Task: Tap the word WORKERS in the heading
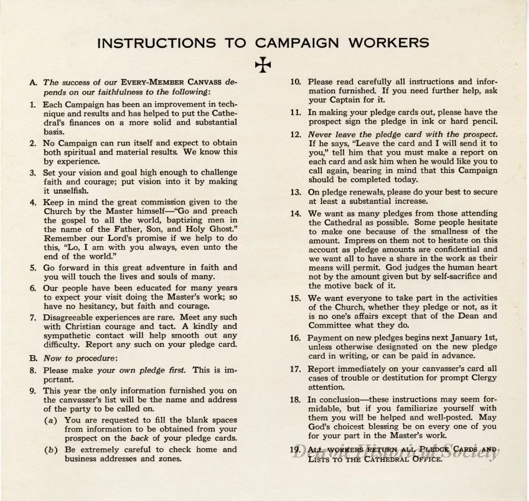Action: coord(391,43)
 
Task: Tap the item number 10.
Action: coord(296,81)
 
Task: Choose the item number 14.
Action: coord(296,214)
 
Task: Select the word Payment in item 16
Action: coord(325,338)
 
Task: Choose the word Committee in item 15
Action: coord(332,324)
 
